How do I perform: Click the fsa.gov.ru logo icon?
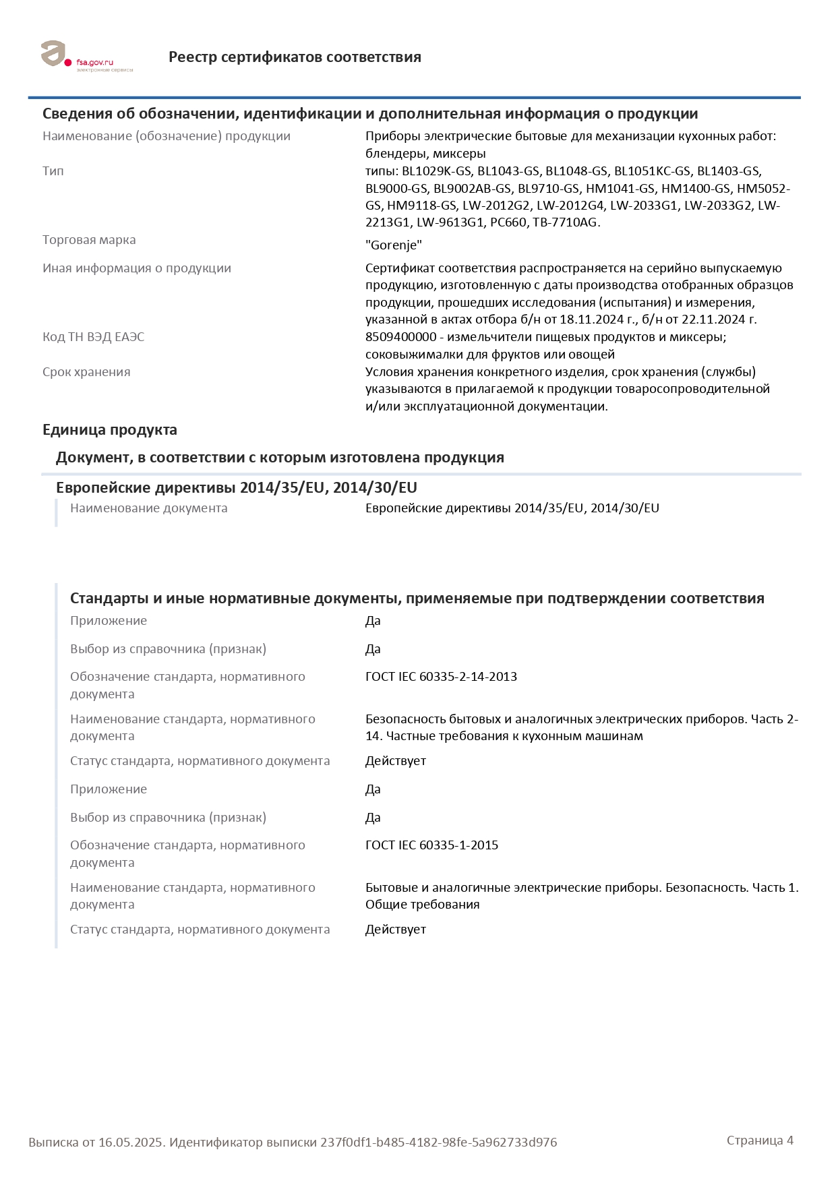click(54, 54)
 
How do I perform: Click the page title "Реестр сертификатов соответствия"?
click(295, 57)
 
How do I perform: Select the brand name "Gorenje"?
click(394, 245)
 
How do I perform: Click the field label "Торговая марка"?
click(89, 240)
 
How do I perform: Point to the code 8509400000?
click(401, 337)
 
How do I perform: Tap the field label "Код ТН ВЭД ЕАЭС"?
click(93, 337)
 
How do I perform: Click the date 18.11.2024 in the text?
click(590, 320)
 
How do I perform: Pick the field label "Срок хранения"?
click(86, 372)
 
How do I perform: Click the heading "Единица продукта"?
click(110, 430)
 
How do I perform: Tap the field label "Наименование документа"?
click(148, 508)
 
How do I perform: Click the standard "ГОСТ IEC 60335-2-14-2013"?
click(441, 677)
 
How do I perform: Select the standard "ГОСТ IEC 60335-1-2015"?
click(431, 845)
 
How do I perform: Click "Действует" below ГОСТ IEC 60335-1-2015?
click(396, 930)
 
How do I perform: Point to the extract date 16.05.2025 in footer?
click(131, 1143)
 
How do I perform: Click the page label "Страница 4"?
click(760, 1141)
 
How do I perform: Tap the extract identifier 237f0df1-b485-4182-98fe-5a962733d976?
click(438, 1143)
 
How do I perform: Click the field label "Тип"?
click(53, 171)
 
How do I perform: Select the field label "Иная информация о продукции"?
click(137, 268)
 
